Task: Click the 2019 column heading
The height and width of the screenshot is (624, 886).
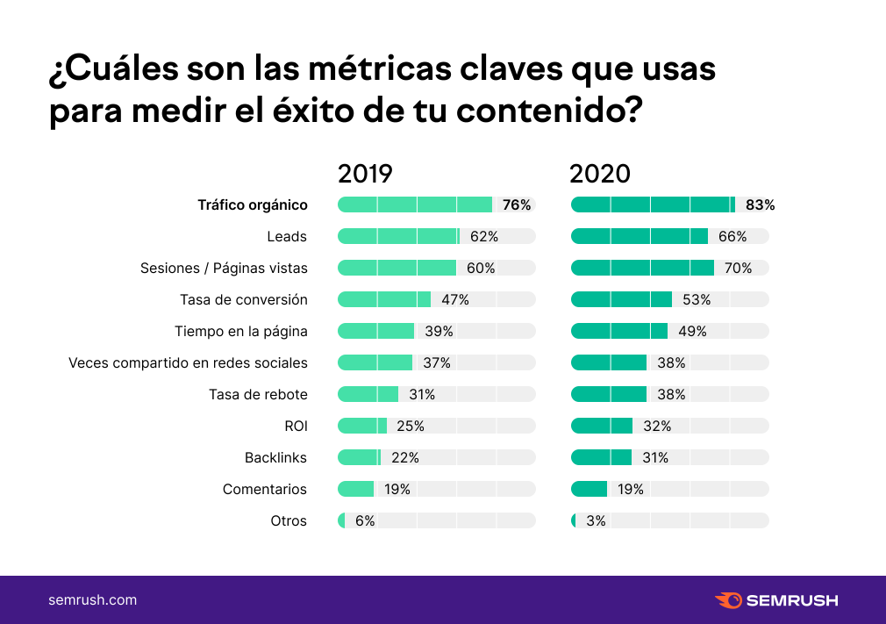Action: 365,174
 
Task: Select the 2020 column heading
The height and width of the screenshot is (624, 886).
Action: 600,174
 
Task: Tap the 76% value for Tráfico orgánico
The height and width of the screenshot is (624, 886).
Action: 517,205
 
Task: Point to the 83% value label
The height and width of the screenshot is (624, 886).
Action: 760,205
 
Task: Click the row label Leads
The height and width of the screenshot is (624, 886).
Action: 287,237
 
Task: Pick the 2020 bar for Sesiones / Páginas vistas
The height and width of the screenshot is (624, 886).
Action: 642,268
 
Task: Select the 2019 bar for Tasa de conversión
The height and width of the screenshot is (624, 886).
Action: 384,299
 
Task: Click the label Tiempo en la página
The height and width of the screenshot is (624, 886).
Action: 241,331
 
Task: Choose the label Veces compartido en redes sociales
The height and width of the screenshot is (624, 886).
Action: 188,362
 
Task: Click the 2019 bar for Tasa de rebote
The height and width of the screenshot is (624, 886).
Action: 368,394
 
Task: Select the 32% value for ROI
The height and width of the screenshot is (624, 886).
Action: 657,426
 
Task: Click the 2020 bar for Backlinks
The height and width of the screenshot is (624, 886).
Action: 601,457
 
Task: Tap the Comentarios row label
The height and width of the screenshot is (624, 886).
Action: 265,489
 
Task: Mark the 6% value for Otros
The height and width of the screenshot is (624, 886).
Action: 365,520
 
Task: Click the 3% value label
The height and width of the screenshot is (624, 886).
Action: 596,520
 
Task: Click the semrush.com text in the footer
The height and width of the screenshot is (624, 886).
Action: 92,600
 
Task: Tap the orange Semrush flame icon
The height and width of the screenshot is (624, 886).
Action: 728,600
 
